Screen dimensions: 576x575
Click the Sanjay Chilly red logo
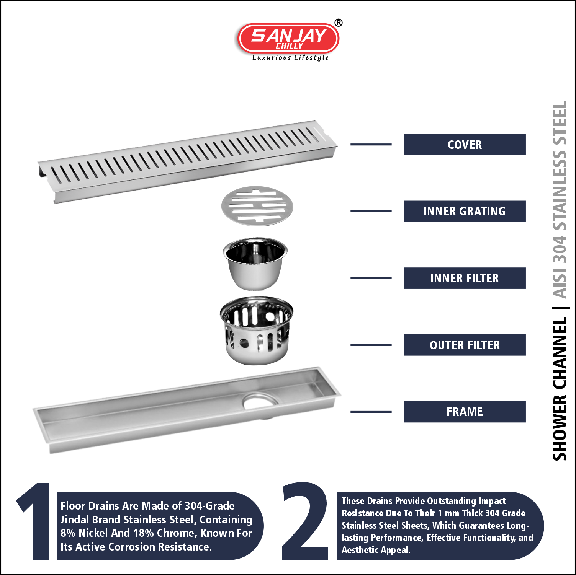(x=288, y=38)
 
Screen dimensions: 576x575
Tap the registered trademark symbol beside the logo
(x=339, y=23)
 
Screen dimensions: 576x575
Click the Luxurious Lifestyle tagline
(x=290, y=58)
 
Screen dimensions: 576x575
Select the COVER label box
(x=465, y=145)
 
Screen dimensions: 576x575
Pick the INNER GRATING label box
(x=465, y=211)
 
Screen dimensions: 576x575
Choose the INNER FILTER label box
(x=465, y=278)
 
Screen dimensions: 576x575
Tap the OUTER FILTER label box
(x=465, y=345)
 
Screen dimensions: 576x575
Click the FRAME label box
(x=465, y=412)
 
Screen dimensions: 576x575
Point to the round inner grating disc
(x=257, y=206)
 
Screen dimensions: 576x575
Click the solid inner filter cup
(x=255, y=264)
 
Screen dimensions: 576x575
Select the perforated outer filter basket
(x=256, y=331)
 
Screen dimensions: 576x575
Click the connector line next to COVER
(x=371, y=145)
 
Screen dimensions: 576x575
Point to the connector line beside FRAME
(x=371, y=412)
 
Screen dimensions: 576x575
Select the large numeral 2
(x=305, y=521)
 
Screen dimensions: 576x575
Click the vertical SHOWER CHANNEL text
(x=560, y=389)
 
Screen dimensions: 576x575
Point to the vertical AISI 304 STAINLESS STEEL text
(x=560, y=199)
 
